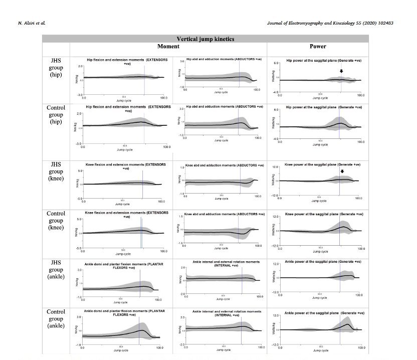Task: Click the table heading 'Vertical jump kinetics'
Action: (205, 39)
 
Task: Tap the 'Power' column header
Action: (318, 47)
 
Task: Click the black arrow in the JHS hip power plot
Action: (341, 71)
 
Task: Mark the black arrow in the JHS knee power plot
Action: (342, 171)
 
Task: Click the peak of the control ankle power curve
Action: (347, 324)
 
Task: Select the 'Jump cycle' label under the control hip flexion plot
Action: (124, 149)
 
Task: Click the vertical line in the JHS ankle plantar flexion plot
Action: (140, 283)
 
